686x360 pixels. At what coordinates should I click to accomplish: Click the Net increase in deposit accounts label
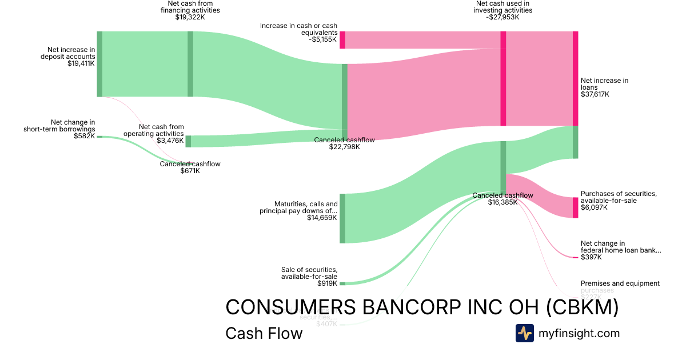tap(67, 53)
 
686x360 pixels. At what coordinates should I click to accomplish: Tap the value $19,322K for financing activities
tap(190, 18)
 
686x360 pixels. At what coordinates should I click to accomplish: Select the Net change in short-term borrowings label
tap(59, 125)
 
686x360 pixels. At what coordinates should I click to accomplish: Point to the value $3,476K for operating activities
tap(170, 141)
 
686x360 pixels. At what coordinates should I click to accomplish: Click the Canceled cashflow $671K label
tap(190, 164)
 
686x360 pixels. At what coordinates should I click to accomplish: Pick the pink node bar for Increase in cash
tap(342, 40)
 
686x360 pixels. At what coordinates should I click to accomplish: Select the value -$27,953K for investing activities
tap(502, 18)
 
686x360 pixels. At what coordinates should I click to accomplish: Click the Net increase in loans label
tap(604, 84)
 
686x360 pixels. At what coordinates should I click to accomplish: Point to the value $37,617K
tap(595, 94)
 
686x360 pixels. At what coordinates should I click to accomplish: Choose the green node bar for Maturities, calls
tap(342, 218)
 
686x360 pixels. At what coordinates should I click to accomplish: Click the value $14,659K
tap(322, 218)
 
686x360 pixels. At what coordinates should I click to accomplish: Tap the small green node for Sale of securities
tap(342, 283)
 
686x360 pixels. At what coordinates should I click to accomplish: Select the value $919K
tap(327, 283)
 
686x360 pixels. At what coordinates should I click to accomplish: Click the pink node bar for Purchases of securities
tap(575, 207)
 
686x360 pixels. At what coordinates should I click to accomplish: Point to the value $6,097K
tap(594, 207)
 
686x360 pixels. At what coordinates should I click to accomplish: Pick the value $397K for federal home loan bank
tap(591, 257)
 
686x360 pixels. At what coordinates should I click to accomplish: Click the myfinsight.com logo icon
tap(524, 333)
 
